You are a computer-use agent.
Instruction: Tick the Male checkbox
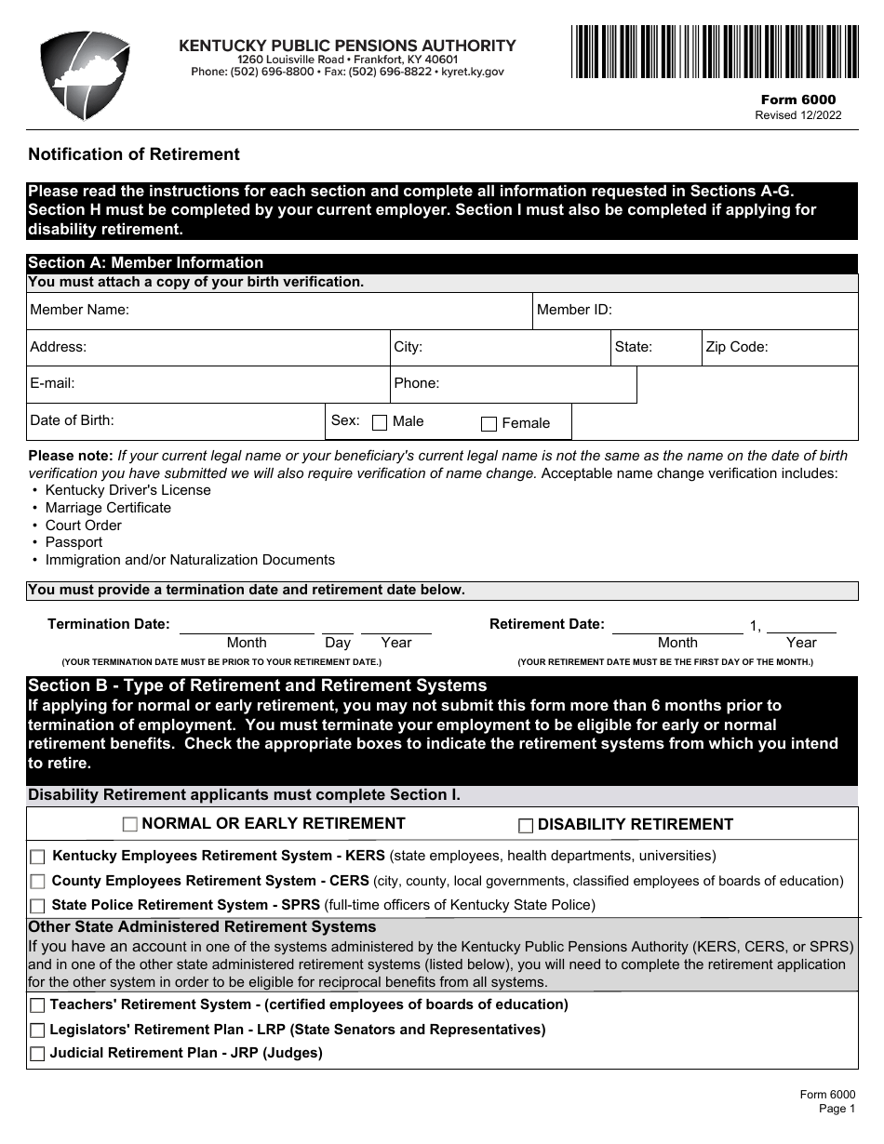380,423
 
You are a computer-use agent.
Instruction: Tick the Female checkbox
489,424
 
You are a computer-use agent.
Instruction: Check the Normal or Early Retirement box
130,824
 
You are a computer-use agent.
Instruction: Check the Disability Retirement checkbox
526,825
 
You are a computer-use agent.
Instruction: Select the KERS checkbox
37,857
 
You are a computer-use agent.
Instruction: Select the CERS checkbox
37,882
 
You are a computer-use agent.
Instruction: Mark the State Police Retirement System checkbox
37,906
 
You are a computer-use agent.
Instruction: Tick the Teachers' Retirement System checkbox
37,1005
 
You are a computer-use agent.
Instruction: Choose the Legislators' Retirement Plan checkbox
37,1031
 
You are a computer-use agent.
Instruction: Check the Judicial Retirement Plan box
37,1054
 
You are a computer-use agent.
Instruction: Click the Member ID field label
574,311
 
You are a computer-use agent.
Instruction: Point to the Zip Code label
736,347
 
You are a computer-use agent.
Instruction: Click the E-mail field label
52,383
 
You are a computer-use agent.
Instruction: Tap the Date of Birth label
72,420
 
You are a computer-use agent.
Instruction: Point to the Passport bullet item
74,542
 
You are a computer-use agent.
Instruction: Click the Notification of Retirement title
134,154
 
